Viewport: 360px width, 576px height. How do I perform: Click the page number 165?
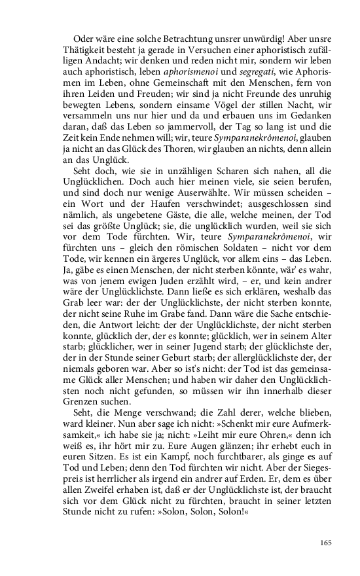(327, 543)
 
